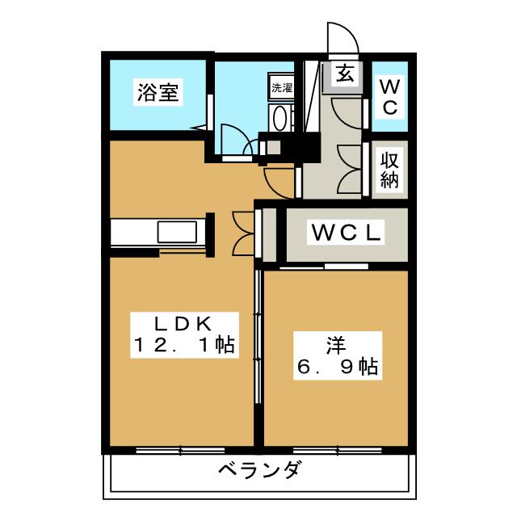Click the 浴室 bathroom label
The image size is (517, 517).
point(157,94)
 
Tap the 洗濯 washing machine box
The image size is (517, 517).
point(282,87)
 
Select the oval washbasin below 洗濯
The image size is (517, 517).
point(280,118)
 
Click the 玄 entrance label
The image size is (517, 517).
point(344,74)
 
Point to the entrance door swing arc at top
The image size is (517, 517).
point(339,37)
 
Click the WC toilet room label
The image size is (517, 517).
point(389,96)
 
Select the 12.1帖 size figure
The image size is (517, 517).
point(184,346)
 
